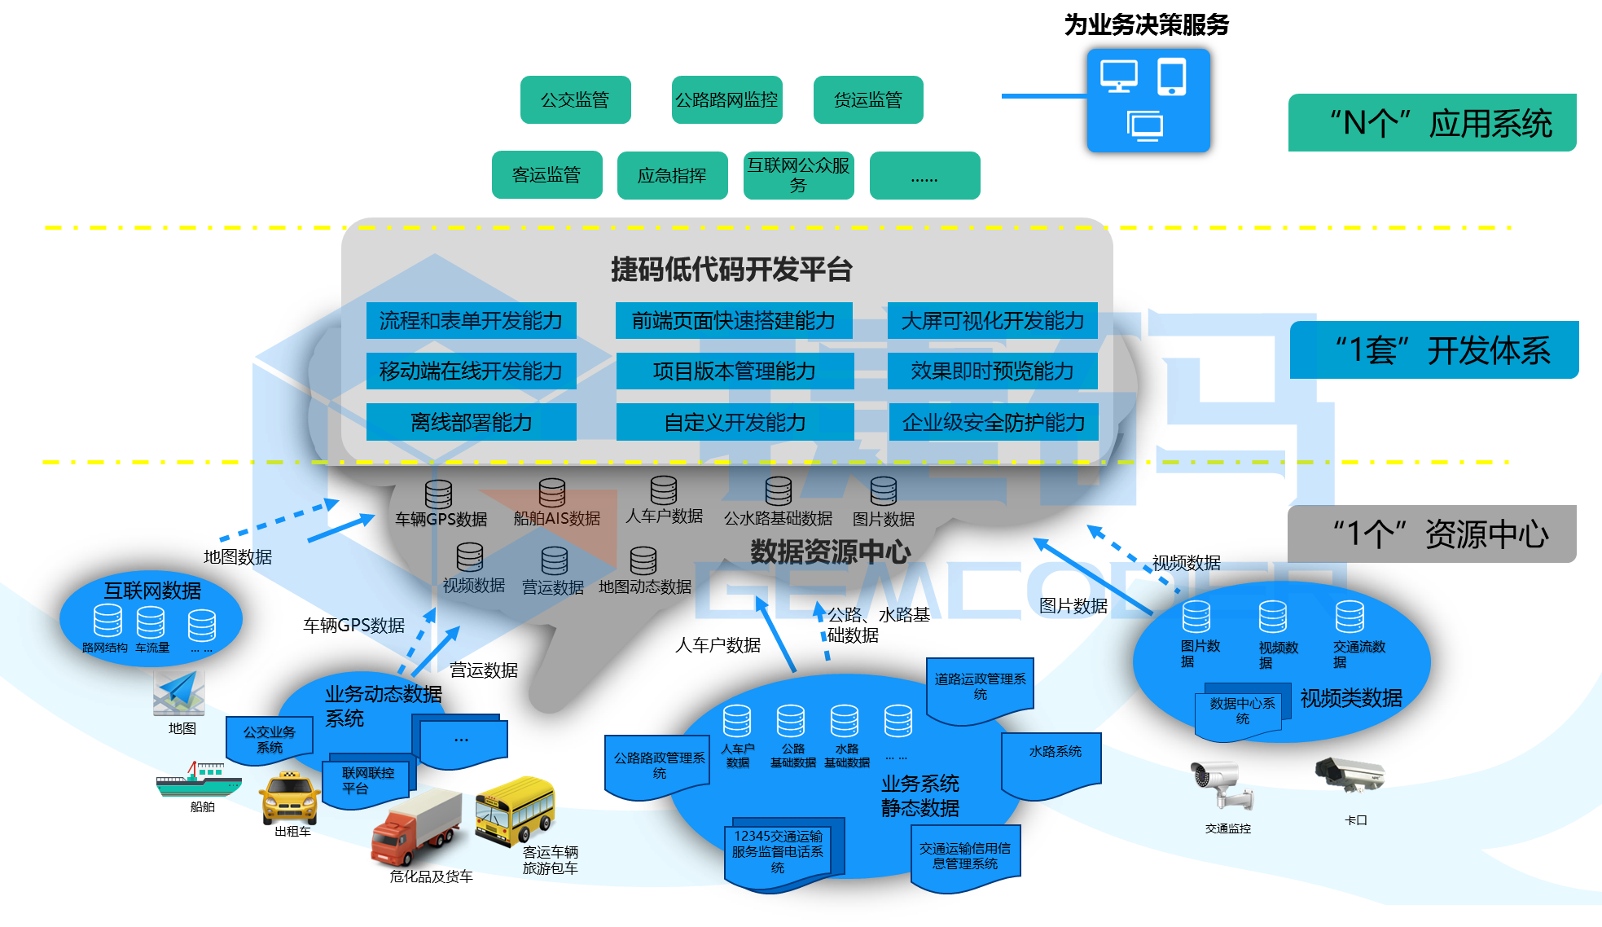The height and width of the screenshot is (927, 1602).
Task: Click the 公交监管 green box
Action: coord(575,100)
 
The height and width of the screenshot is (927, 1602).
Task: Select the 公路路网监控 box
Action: coord(726,100)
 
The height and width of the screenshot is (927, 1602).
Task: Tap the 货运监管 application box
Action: coord(867,100)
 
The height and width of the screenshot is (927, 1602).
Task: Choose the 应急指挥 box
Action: coord(672,175)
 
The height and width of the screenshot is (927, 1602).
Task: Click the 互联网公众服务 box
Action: coord(798,175)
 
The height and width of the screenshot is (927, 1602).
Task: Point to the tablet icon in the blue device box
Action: coord(1171,77)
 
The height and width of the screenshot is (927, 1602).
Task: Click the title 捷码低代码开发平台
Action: coord(731,270)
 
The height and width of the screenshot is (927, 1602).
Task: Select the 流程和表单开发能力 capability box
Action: coord(471,321)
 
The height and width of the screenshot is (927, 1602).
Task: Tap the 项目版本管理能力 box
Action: coord(735,371)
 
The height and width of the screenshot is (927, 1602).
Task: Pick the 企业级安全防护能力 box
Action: coord(993,422)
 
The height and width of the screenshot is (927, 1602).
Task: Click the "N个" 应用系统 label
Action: coord(1432,123)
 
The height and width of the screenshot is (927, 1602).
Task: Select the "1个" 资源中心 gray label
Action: coord(1431,534)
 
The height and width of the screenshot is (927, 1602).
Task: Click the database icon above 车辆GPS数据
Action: coord(438,494)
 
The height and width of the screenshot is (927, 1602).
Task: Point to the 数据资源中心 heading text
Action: coord(830,552)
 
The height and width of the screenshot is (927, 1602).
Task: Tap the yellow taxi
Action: coord(289,799)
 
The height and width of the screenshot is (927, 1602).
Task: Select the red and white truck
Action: coord(415,827)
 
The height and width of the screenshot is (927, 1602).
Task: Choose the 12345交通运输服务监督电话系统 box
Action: coord(777,851)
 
